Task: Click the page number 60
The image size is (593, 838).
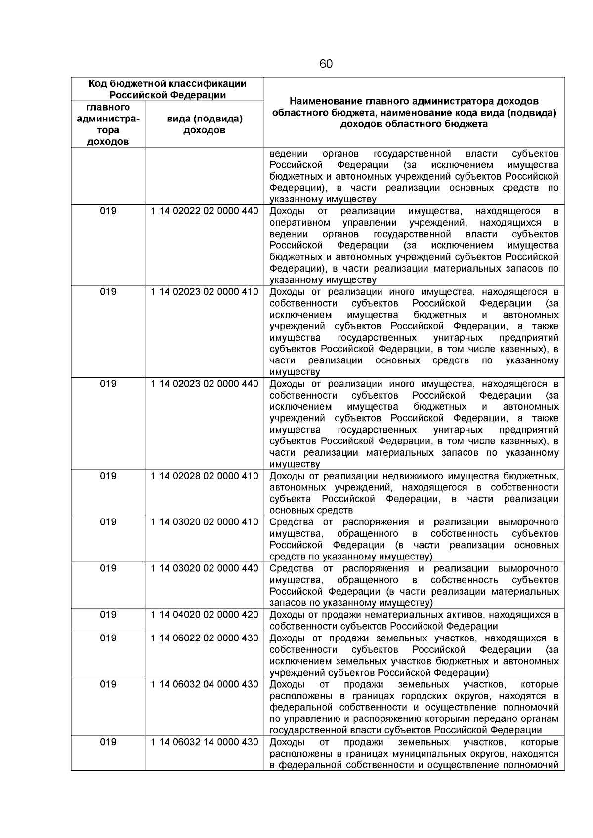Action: [326, 64]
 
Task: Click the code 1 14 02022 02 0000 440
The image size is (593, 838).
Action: [204, 211]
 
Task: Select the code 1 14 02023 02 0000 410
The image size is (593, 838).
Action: [204, 292]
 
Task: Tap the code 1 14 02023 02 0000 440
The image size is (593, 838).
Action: [204, 384]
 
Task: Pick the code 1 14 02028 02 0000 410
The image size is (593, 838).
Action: [204, 476]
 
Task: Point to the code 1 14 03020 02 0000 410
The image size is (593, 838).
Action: [204, 522]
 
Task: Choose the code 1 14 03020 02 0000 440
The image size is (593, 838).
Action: [204, 568]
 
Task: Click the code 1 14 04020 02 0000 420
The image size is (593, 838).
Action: [204, 615]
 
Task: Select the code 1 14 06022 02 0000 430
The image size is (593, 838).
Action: [204, 638]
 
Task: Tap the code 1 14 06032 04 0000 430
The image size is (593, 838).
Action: [204, 684]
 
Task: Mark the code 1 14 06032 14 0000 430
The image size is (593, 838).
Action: [204, 742]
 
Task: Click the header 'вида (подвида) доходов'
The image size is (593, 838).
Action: [204, 124]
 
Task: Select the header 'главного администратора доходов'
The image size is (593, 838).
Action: [108, 124]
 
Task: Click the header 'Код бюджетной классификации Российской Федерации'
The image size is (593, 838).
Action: [167, 89]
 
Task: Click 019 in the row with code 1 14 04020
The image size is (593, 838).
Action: [108, 615]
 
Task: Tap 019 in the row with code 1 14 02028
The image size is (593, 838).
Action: [108, 476]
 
